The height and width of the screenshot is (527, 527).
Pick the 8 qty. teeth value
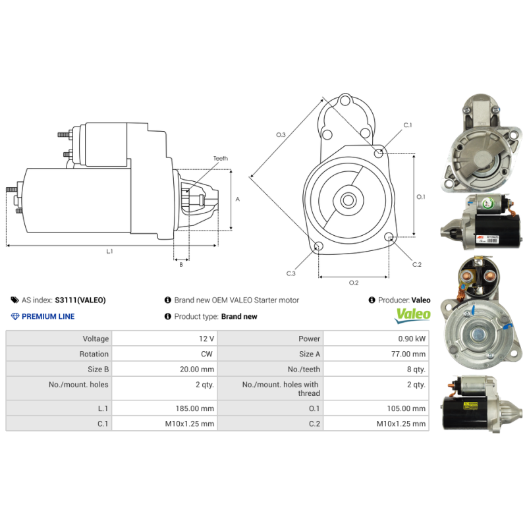(x=416, y=370)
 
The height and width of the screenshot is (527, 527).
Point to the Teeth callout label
(x=221, y=159)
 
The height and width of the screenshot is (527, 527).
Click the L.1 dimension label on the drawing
(x=109, y=251)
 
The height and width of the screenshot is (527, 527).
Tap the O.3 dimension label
(x=281, y=135)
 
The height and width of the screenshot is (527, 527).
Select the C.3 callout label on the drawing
(x=291, y=273)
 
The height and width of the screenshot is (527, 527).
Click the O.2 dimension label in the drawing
(x=353, y=283)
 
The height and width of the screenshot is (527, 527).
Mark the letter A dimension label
(x=237, y=199)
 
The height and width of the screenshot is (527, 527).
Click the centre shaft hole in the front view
(x=348, y=200)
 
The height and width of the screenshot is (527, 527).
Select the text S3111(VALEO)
(x=80, y=300)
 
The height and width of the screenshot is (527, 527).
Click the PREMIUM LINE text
(x=48, y=316)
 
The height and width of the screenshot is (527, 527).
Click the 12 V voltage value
(x=206, y=339)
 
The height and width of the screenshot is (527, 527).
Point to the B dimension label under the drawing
(x=181, y=264)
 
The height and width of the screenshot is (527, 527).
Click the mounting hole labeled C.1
(x=378, y=153)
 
